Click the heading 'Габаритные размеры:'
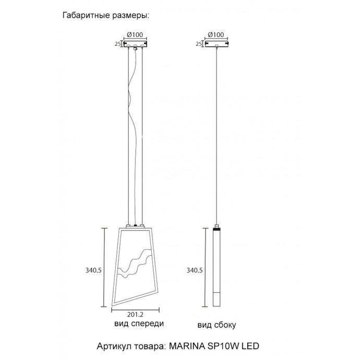(x=105, y=15)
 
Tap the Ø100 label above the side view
(x=215, y=35)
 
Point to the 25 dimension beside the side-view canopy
(x=198, y=45)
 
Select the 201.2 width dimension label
(x=135, y=315)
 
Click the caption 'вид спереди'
(x=138, y=324)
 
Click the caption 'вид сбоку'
(x=217, y=326)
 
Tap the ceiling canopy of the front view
(x=135, y=45)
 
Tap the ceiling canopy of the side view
(x=216, y=45)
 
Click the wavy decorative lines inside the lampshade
(x=135, y=265)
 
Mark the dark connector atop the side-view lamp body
(x=217, y=229)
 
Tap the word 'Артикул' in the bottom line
(x=114, y=346)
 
